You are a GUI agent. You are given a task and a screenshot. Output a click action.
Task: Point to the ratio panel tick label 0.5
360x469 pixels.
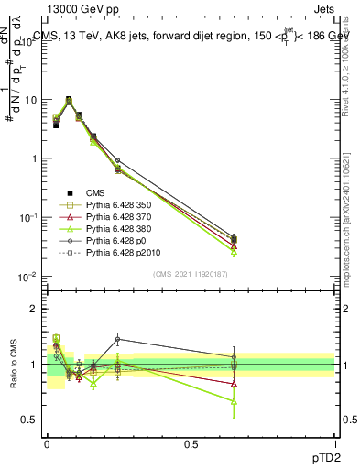click(29, 420)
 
